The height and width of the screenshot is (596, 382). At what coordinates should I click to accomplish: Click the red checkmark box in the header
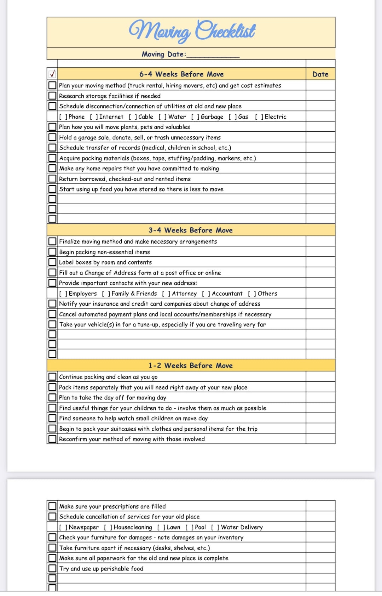click(52, 74)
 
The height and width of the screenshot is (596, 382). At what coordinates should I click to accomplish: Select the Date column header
click(320, 74)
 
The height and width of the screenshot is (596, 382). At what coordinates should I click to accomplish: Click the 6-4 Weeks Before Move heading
click(181, 74)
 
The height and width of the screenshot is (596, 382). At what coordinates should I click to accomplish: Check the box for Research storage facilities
click(52, 96)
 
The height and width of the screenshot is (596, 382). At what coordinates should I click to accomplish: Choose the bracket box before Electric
click(259, 117)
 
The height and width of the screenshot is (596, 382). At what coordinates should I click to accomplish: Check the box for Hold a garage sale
click(52, 137)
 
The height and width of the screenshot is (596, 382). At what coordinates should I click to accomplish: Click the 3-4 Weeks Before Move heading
click(190, 230)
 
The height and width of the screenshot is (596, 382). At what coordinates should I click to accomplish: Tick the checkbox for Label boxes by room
click(52, 262)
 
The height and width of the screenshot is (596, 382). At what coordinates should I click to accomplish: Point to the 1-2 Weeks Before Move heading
click(190, 365)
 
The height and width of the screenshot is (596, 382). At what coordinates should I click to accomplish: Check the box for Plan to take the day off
click(52, 397)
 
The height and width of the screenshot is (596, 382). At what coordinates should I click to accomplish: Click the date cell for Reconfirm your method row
click(320, 439)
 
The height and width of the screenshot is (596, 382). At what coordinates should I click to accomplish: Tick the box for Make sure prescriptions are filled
click(52, 506)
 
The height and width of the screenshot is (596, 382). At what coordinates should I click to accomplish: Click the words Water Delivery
click(242, 527)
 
